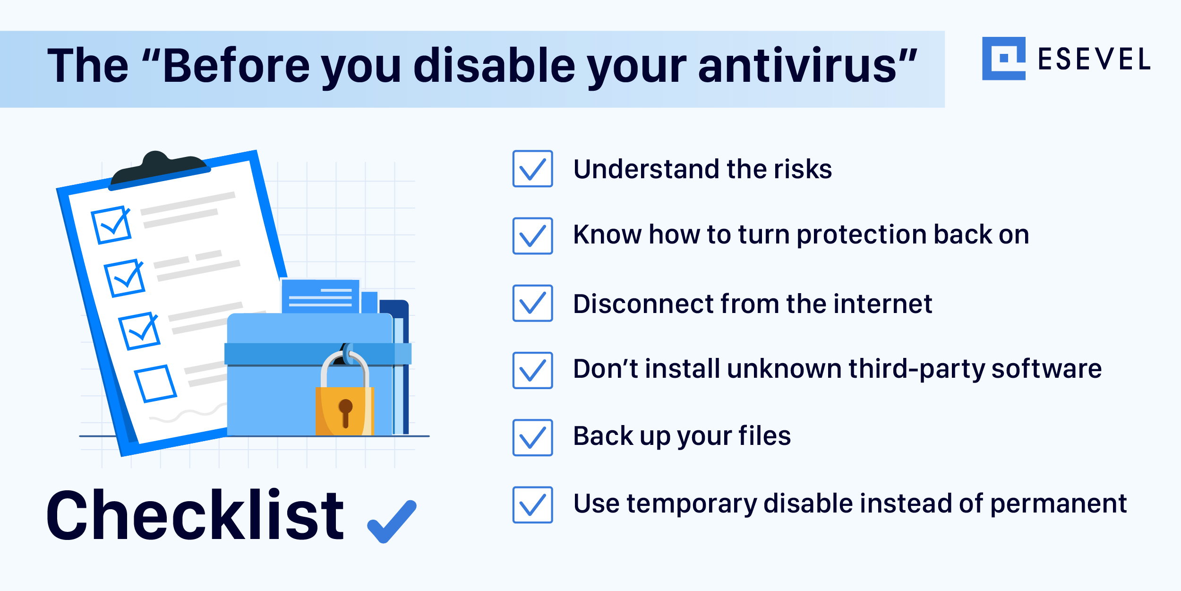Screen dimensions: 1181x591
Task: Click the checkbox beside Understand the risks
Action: click(x=532, y=169)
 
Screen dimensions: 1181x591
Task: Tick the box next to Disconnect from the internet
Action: click(x=532, y=303)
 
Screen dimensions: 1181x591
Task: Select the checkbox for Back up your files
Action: click(x=532, y=437)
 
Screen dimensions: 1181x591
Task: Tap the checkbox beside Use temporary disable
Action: click(x=532, y=504)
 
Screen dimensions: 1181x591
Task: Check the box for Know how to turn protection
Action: click(x=532, y=236)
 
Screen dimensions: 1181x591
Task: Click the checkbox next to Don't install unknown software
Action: click(x=532, y=370)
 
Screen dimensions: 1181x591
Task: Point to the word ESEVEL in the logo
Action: click(x=1094, y=59)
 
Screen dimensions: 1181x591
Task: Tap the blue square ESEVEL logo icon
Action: click(x=1004, y=59)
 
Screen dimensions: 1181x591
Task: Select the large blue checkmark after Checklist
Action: click(x=392, y=521)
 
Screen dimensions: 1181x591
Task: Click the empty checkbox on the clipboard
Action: click(x=155, y=383)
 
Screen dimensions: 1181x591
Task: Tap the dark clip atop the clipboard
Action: click(x=159, y=170)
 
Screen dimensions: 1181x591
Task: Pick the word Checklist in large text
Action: click(x=195, y=515)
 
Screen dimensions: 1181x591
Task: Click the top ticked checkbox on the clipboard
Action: click(x=111, y=225)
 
